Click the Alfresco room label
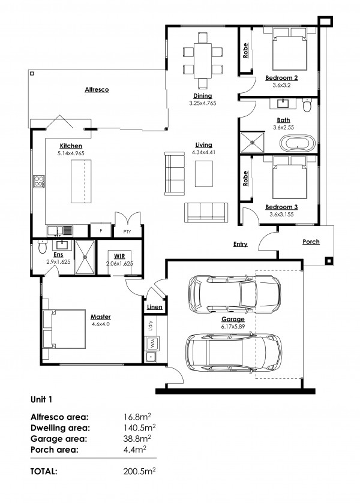pyautogui.click(x=97, y=89)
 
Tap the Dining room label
pyautogui.click(x=201, y=95)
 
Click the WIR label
pyautogui.click(x=119, y=256)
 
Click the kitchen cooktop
pyautogui.click(x=39, y=181)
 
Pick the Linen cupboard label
pyautogui.click(x=154, y=307)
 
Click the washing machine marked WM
pyautogui.click(x=151, y=344)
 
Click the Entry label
pyautogui.click(x=241, y=244)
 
